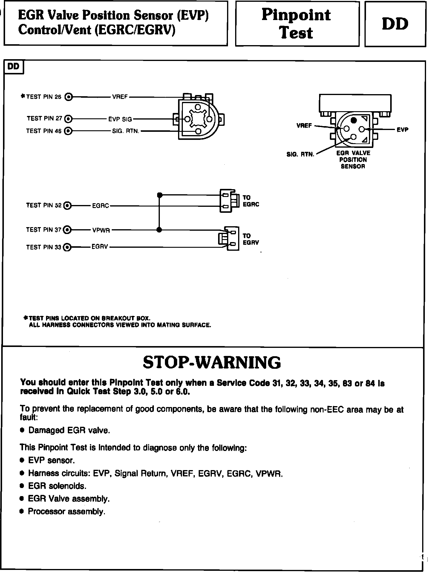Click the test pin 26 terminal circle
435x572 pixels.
[69, 97]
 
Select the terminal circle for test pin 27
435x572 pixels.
[69, 119]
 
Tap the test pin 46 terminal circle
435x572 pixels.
[68, 131]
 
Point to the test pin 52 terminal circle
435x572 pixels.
[68, 206]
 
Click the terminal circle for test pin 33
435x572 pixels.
[68, 247]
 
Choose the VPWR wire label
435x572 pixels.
[101, 230]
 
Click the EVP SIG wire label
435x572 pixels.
[120, 119]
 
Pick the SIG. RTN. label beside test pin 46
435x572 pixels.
[126, 131]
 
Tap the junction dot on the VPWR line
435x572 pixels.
[159, 230]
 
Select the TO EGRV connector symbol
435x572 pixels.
[229, 238]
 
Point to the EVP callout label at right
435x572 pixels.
[402, 130]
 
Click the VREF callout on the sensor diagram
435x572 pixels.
[304, 126]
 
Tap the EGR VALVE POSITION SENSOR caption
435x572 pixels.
[353, 160]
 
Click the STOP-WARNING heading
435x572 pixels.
[212, 362]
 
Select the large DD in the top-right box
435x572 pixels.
[395, 24]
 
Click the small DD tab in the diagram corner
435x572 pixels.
[13, 67]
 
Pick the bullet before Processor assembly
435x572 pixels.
[22, 511]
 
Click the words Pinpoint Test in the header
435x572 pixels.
[296, 24]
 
